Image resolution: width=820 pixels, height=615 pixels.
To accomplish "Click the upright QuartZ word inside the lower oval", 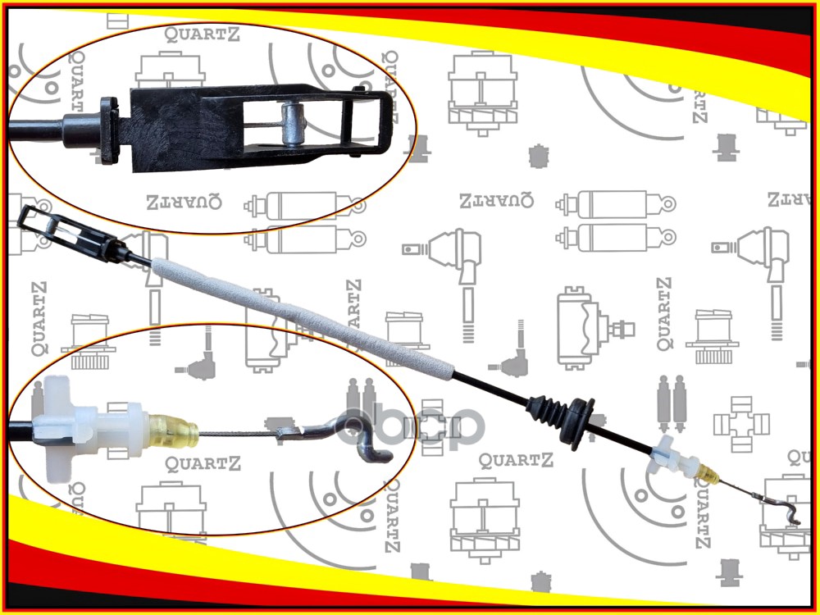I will coord(203,465).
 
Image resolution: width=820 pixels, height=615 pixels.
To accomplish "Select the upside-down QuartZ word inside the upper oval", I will coord(184,203).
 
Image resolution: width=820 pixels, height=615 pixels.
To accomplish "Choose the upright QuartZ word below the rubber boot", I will coord(517,460).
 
